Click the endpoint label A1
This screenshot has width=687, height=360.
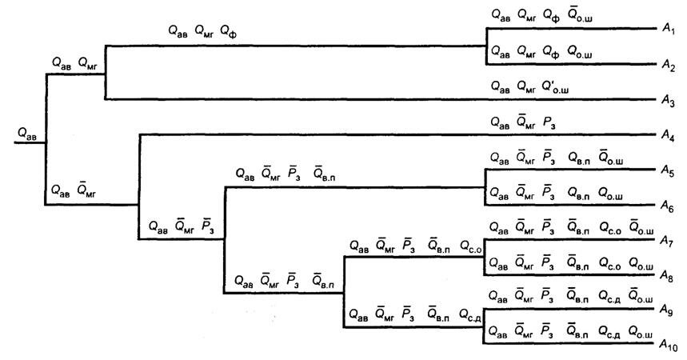[668, 30]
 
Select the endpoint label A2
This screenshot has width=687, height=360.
[668, 66]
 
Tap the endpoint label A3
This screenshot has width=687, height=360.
[668, 102]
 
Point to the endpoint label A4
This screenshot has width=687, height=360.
[668, 136]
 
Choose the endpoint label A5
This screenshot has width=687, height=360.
[668, 170]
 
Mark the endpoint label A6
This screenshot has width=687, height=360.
[668, 206]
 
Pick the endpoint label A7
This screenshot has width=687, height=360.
[667, 241]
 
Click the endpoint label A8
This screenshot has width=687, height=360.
[667, 276]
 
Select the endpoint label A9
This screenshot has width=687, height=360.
[666, 310]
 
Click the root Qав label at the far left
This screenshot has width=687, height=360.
[27, 134]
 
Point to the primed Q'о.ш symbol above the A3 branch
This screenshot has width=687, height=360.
[556, 87]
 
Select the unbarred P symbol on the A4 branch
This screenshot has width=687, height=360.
[549, 122]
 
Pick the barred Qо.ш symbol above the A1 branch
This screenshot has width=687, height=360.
[581, 14]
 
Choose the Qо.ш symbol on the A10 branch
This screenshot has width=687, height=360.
[641, 332]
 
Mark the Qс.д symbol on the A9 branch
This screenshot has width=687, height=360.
[609, 297]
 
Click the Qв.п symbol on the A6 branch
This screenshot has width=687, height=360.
[579, 193]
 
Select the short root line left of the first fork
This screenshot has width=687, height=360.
[30, 143]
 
